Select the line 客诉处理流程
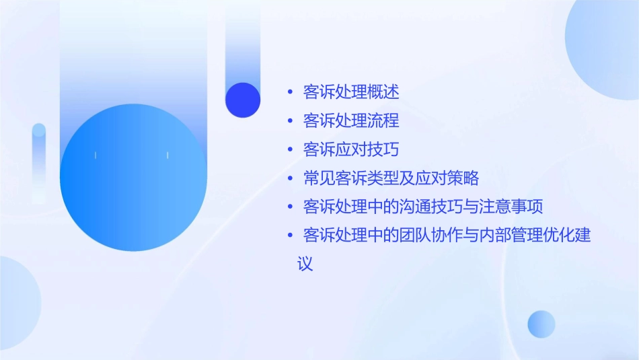(x=351, y=121)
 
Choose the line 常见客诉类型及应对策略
(x=391, y=178)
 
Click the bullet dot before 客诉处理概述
(x=290, y=92)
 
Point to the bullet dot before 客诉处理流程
(x=290, y=121)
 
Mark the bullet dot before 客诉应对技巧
(x=290, y=149)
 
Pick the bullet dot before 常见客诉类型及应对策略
(x=290, y=178)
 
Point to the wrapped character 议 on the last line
(x=305, y=264)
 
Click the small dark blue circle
(x=243, y=100)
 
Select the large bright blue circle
(x=133, y=178)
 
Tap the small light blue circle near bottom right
(x=541, y=324)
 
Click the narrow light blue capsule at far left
(x=39, y=161)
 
